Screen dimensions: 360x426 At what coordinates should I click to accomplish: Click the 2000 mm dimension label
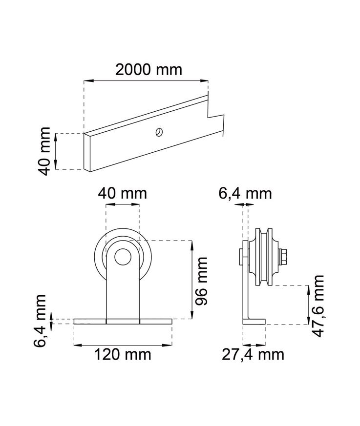click(x=148, y=70)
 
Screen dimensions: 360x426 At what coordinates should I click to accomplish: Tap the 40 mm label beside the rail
click(x=44, y=151)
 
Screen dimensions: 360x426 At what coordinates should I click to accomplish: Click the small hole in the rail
click(x=159, y=132)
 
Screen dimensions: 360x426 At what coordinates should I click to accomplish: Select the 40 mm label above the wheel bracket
click(x=122, y=193)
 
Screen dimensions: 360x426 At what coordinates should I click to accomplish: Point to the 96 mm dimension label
click(x=202, y=281)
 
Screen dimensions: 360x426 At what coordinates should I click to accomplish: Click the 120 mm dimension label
click(x=123, y=355)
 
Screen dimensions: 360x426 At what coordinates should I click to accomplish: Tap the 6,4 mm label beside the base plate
click(x=40, y=321)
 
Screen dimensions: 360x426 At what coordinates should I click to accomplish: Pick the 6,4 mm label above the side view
click(x=245, y=194)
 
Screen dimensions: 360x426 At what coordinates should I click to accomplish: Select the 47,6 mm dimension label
click(x=318, y=306)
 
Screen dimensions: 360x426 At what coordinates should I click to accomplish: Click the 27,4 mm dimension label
click(x=253, y=355)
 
